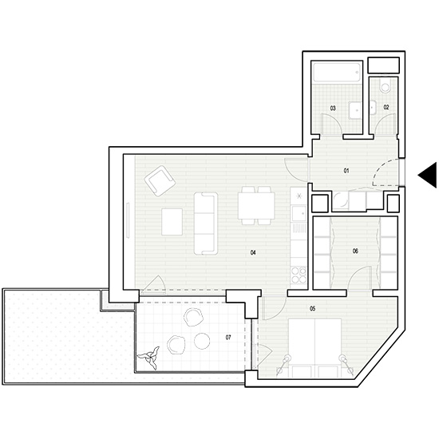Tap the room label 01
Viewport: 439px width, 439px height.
point(346,171)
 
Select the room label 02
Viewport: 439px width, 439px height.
point(386,107)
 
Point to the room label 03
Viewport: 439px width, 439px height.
point(333,107)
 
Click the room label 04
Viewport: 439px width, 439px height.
point(252,252)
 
